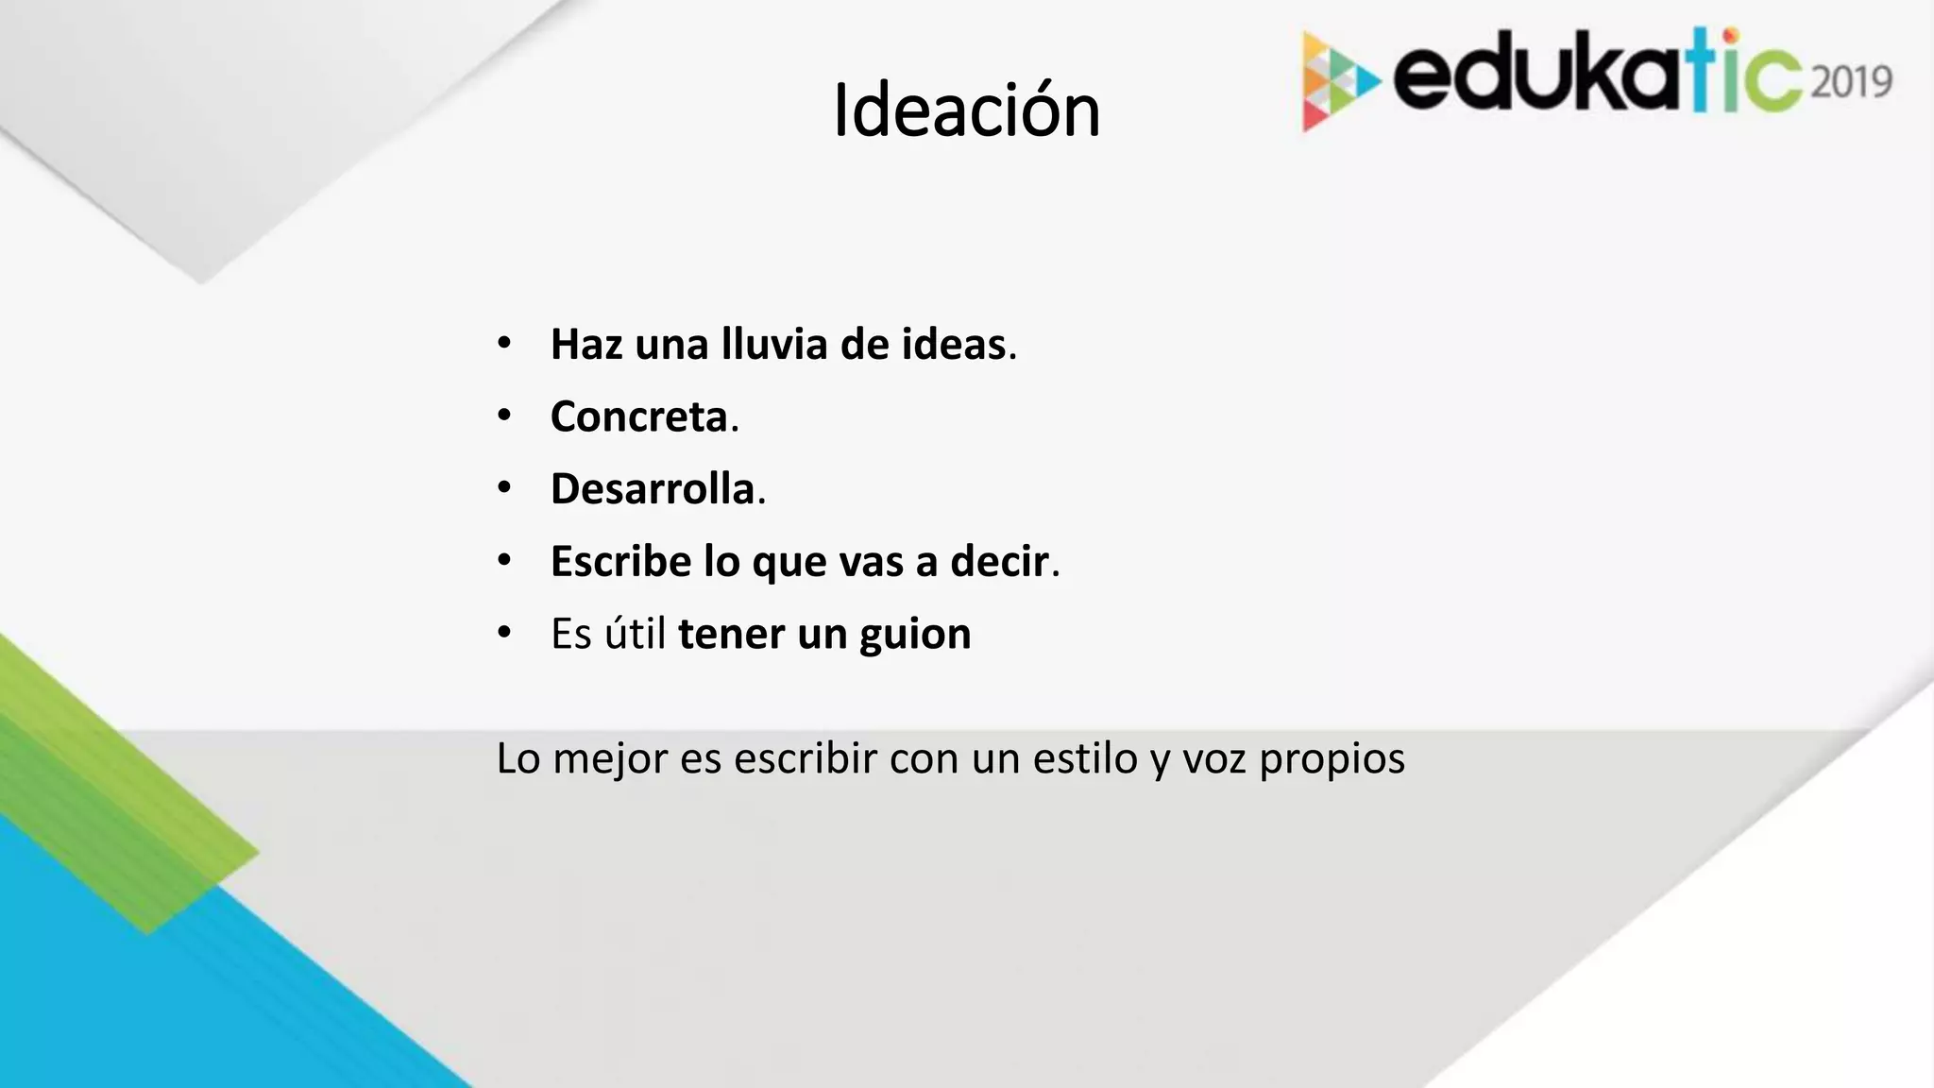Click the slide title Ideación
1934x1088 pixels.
pyautogui.click(x=966, y=111)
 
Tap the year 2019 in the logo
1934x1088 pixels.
pyautogui.click(x=1852, y=82)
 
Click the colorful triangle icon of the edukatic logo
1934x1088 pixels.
pyautogui.click(x=1337, y=81)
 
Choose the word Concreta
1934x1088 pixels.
pyautogui.click(x=639, y=416)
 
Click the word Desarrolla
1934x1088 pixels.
pyautogui.click(x=653, y=489)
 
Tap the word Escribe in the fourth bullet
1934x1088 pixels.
pyautogui.click(x=620, y=562)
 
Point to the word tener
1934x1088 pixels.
pyautogui.click(x=731, y=634)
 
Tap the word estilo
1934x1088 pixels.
pyautogui.click(x=1085, y=758)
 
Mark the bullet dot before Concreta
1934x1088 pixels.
pyautogui.click(x=504, y=416)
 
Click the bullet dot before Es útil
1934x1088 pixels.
pyautogui.click(x=504, y=633)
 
